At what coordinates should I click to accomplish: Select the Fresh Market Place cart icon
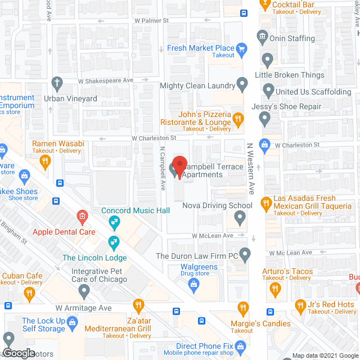[x=242, y=49]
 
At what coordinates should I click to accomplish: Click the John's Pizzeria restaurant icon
[x=238, y=118]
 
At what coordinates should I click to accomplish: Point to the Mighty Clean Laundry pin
[x=242, y=85]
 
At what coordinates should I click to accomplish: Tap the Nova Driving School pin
[x=241, y=218]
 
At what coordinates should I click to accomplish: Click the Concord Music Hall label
[x=135, y=211]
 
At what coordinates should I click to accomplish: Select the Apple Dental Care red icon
[x=82, y=217]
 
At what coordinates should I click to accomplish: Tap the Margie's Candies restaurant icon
[x=242, y=308]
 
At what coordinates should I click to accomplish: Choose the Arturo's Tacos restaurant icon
[x=275, y=289]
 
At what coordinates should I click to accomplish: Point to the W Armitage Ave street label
[x=83, y=308]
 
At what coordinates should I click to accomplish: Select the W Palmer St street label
[x=151, y=21]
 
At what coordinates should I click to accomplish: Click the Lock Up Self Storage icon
[x=72, y=322]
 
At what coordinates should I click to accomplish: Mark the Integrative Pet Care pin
[x=84, y=291]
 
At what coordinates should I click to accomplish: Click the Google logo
[x=18, y=353]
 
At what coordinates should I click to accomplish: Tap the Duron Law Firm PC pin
[x=244, y=255]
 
